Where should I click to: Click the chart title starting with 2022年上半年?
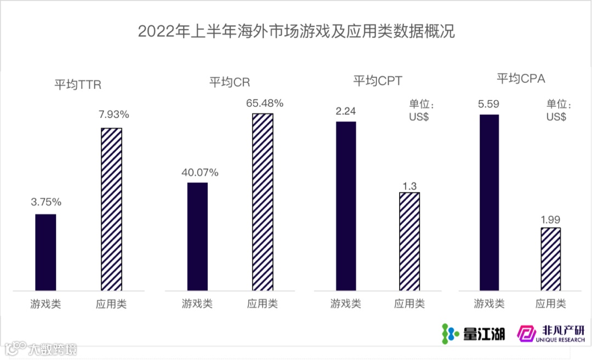(x=296, y=31)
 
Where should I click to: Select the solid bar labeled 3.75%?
(x=45, y=252)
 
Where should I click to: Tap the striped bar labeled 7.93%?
(x=111, y=209)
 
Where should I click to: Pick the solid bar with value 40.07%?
(x=197, y=236)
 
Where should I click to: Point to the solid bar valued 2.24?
(x=346, y=205)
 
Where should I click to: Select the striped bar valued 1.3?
(x=409, y=241)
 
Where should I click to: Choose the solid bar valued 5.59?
(x=489, y=202)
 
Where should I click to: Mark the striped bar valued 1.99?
(x=551, y=258)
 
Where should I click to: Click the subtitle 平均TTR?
(x=77, y=85)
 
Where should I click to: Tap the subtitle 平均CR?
(x=230, y=83)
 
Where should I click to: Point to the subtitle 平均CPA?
(x=521, y=79)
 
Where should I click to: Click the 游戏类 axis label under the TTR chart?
(x=45, y=304)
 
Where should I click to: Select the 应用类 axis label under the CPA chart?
(x=551, y=303)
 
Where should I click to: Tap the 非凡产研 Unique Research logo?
(x=551, y=333)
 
